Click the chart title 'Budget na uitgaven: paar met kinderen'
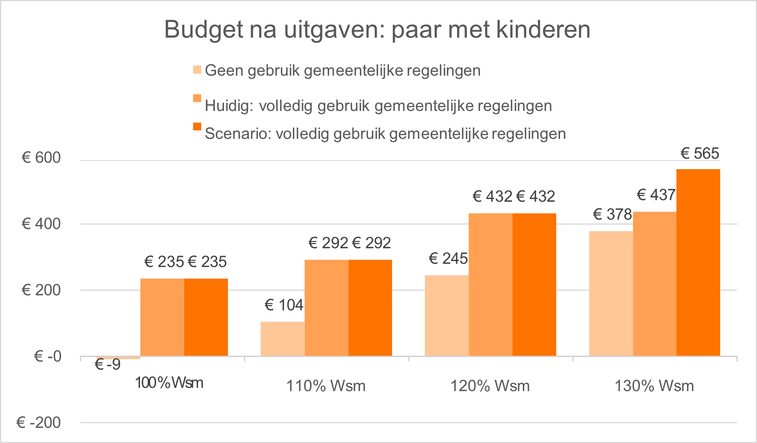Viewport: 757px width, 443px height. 377,29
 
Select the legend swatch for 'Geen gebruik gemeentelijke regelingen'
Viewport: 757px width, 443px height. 197,70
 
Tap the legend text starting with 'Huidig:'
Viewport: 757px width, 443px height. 378,106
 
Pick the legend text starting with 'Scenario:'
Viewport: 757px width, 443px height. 385,133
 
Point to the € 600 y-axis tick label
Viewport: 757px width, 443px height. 41,157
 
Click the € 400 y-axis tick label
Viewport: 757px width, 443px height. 41,224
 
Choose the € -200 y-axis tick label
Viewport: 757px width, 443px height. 38,422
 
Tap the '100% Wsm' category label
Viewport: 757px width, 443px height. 169,383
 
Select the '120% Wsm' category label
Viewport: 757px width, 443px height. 490,386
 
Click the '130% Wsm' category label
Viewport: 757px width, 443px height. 654,386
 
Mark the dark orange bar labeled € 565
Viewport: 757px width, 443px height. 698,262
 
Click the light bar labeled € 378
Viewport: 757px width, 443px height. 611,293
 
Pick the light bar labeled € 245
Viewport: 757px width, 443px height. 446,315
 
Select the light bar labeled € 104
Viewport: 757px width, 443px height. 282,338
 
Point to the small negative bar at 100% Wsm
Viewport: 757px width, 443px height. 118,358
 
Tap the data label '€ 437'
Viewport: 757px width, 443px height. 656,195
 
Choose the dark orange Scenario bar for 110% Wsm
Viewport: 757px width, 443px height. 370,307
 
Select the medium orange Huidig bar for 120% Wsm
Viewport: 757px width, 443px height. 490,284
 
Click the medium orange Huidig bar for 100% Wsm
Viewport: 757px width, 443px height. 162,317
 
